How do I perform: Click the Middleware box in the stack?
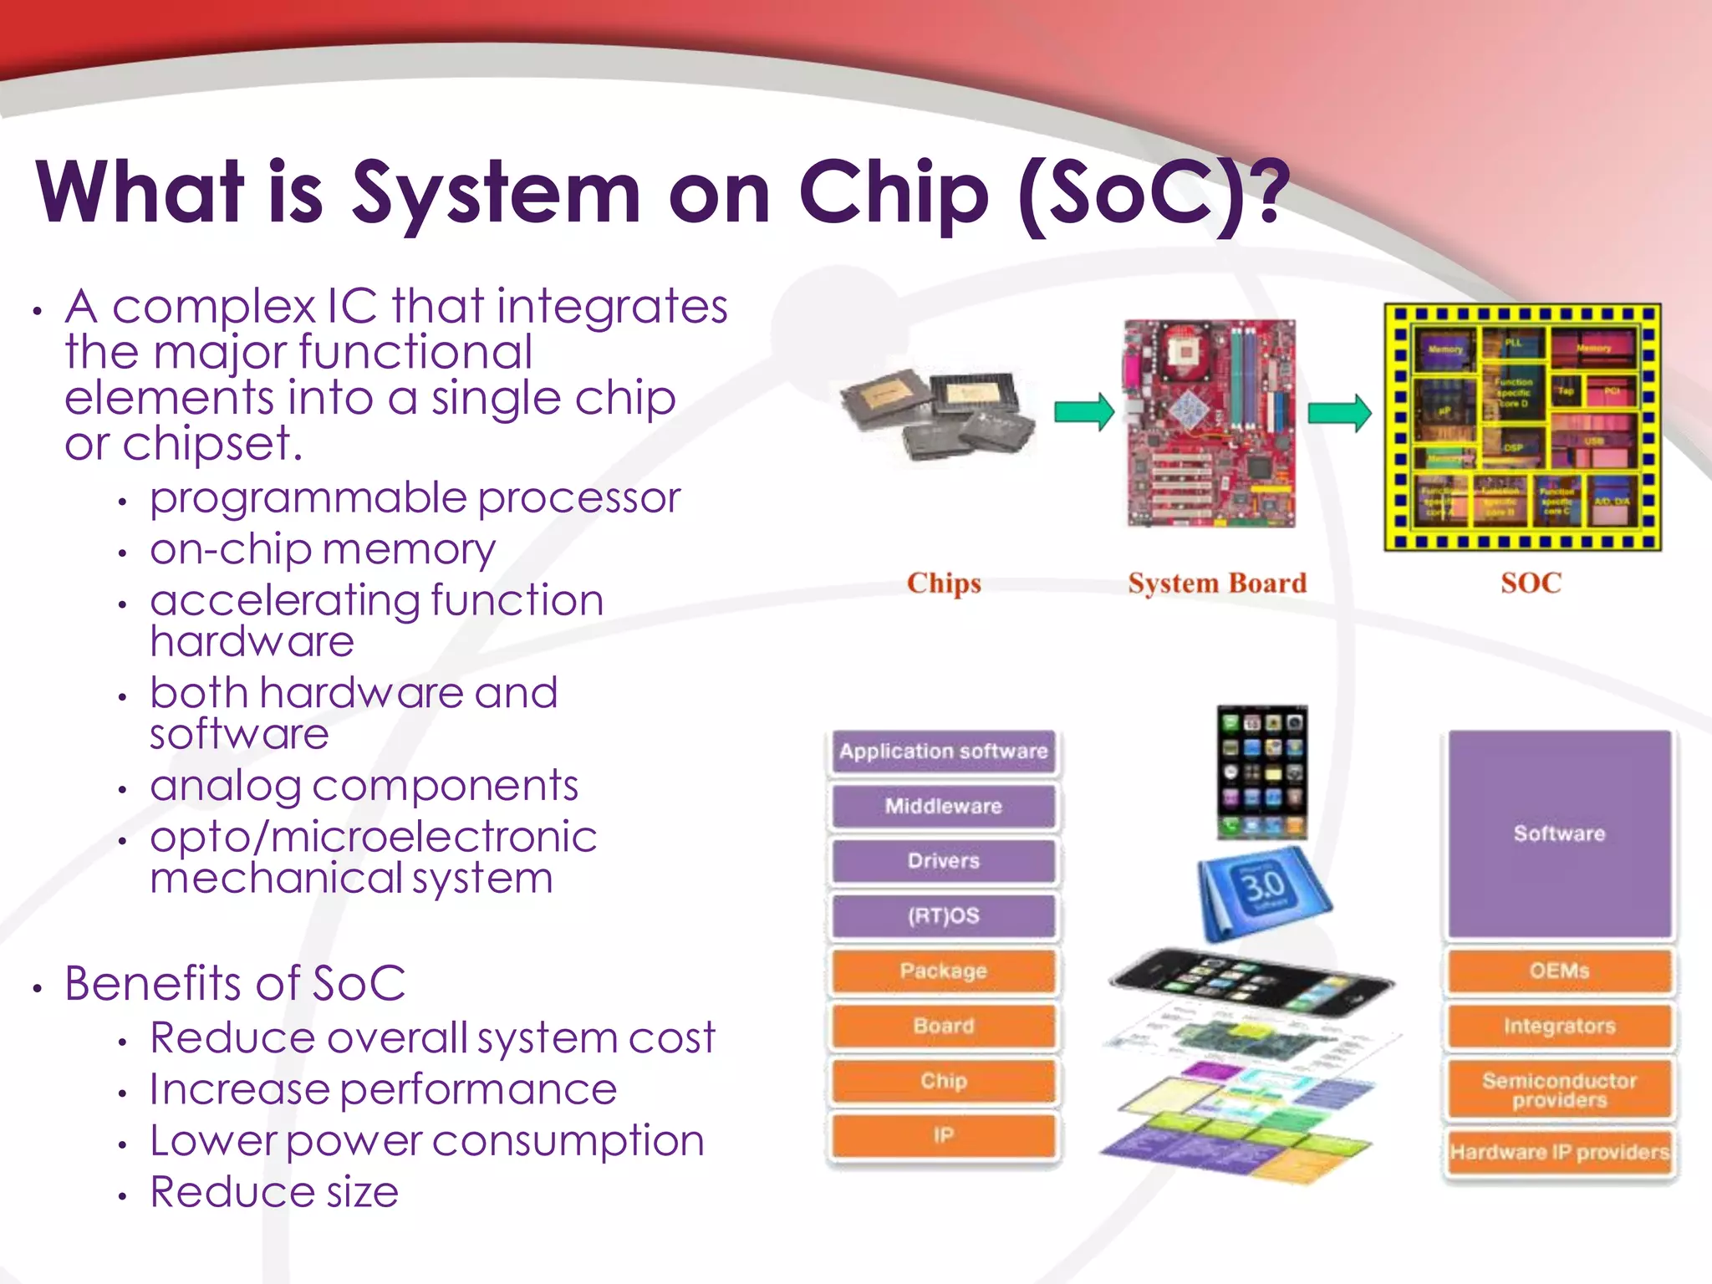coord(943,806)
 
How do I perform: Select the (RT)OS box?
coord(943,915)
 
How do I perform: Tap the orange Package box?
coord(943,971)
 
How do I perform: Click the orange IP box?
coord(943,1135)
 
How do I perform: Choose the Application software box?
coord(943,752)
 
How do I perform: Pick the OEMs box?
coord(1559,971)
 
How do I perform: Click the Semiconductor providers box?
coord(1559,1090)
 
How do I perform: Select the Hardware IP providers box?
coord(1559,1152)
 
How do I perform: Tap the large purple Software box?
coord(1559,833)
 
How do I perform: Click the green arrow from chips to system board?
coord(1083,411)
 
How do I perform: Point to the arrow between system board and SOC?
coord(1338,412)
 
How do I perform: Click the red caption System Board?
coord(1216,583)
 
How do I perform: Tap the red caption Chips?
coord(944,583)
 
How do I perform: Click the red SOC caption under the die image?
coord(1531,583)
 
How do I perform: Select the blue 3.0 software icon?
coord(1263,891)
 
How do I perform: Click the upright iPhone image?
coord(1262,772)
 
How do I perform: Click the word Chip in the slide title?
coord(894,194)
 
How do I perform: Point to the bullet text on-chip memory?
coord(323,549)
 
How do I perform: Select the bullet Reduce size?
coord(274,1191)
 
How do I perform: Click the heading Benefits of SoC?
coord(235,983)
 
